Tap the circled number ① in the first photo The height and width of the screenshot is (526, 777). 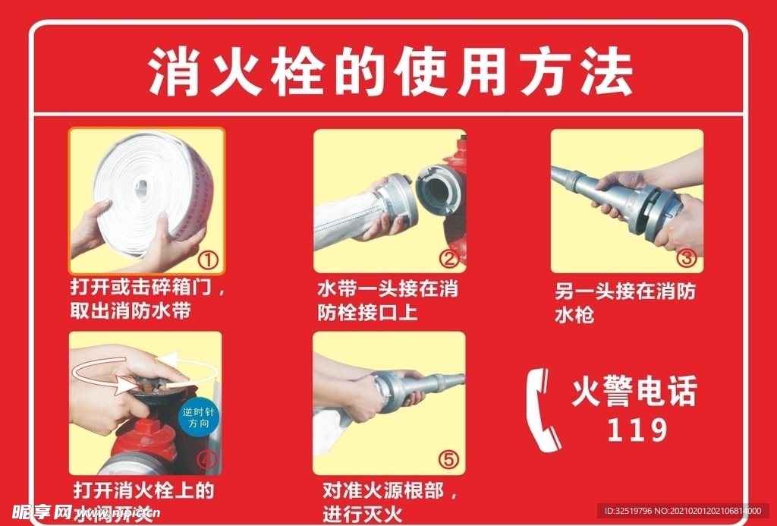pyautogui.click(x=208, y=260)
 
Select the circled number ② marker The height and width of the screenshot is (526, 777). pyautogui.click(x=449, y=260)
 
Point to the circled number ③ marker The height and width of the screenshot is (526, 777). pyautogui.click(x=686, y=258)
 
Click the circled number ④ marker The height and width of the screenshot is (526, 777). pyautogui.click(x=206, y=460)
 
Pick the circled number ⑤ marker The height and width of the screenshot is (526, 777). pyautogui.click(x=448, y=459)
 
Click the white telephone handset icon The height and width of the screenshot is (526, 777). pyautogui.click(x=543, y=410)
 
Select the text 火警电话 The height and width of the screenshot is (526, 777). pyautogui.click(x=634, y=392)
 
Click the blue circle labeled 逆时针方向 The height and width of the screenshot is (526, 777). pyautogui.click(x=198, y=417)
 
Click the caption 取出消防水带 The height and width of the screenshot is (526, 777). pyautogui.click(x=131, y=311)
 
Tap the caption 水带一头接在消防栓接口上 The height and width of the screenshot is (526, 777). pyautogui.click(x=387, y=301)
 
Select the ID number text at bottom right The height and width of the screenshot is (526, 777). pyautogui.click(x=683, y=511)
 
